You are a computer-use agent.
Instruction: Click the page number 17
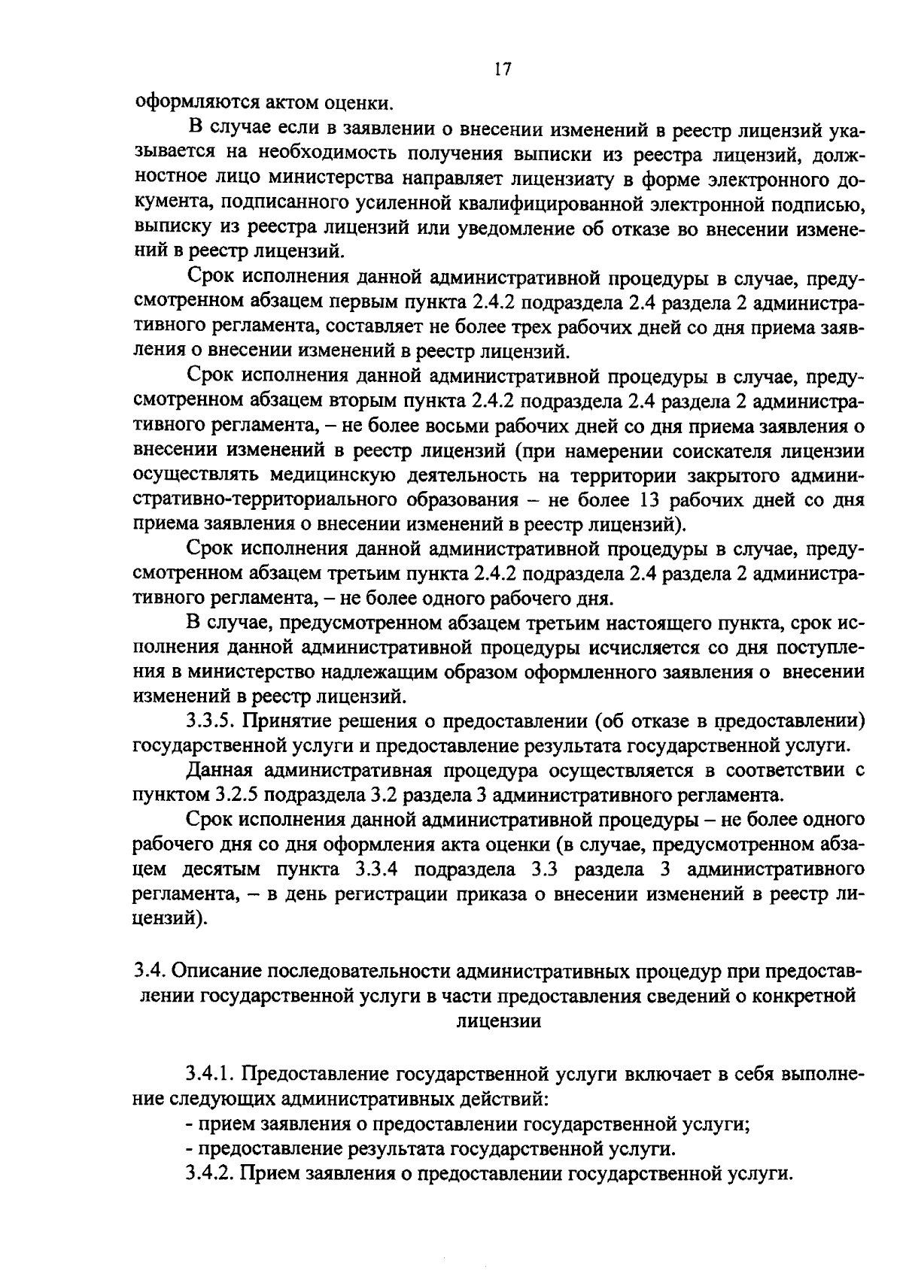point(503,69)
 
